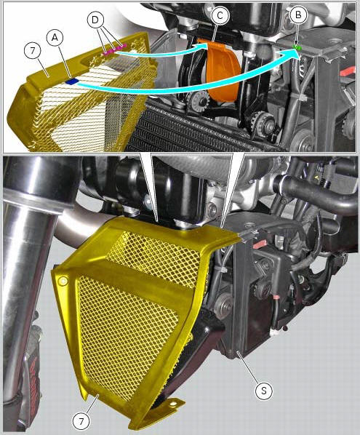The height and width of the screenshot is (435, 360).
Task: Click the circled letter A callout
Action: (55, 38)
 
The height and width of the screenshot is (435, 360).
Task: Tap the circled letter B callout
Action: (298, 15)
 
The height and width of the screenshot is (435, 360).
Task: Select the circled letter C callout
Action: (220, 15)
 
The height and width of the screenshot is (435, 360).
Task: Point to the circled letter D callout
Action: (95, 20)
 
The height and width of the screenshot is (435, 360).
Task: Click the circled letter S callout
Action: (264, 391)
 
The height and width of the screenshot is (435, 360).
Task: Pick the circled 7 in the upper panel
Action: (33, 51)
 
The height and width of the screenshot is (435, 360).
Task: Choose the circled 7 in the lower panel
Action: (81, 422)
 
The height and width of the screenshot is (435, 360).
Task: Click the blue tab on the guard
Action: (72, 81)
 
